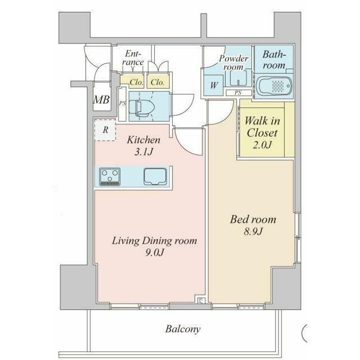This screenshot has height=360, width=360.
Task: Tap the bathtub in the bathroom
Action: [x=274, y=86]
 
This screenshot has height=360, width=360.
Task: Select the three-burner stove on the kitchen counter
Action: [x=110, y=177]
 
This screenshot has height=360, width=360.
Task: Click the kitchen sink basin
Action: [x=155, y=176]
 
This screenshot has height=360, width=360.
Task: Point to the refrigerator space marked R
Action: [x=105, y=130]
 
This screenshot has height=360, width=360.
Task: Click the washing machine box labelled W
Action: [x=214, y=85]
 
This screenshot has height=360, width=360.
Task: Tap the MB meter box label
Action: [x=101, y=100]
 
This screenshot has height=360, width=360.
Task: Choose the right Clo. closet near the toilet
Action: [x=158, y=82]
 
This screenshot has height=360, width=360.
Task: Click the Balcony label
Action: [x=183, y=329]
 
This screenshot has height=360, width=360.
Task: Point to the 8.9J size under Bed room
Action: [x=253, y=231]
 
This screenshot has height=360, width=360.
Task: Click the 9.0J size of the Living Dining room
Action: [x=155, y=253]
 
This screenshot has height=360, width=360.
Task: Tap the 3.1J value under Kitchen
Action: [x=144, y=152]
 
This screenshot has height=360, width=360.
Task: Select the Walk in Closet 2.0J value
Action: [x=262, y=145]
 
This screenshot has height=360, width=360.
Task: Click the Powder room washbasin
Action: [x=238, y=78]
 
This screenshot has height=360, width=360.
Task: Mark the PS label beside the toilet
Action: [x=123, y=103]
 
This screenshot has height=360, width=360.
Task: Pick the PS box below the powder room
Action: [x=238, y=93]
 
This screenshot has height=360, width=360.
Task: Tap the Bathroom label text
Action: [x=274, y=60]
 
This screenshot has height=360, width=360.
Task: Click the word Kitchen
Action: [x=144, y=140]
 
